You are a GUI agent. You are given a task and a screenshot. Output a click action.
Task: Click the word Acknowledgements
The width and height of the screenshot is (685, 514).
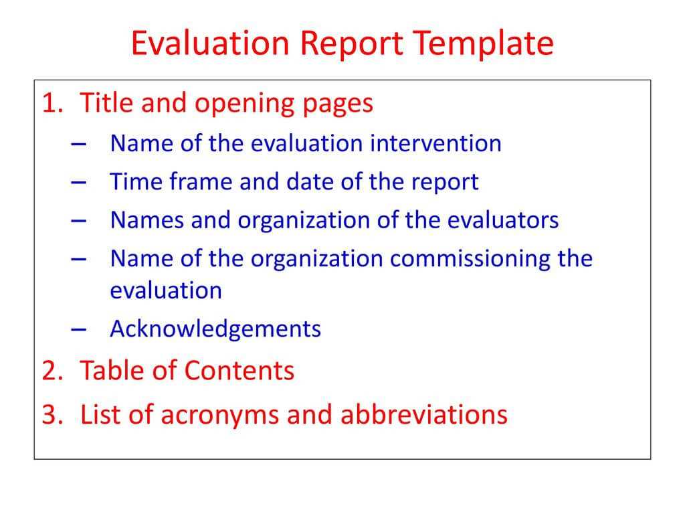pyautogui.click(x=215, y=329)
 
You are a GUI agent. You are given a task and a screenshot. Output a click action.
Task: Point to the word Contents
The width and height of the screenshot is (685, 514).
pyautogui.click(x=239, y=370)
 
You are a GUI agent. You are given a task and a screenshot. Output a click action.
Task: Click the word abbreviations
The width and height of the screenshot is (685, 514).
pyautogui.click(x=423, y=415)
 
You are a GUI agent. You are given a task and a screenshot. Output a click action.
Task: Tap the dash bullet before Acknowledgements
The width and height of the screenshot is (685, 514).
pyautogui.click(x=77, y=329)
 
